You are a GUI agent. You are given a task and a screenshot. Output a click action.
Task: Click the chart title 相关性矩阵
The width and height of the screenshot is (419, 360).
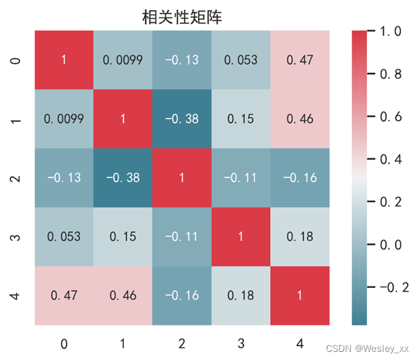click(182, 16)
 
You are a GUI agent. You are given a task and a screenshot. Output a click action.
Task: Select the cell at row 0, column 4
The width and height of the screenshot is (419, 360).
click(299, 60)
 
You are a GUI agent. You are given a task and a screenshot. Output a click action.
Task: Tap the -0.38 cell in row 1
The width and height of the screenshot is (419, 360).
click(181, 119)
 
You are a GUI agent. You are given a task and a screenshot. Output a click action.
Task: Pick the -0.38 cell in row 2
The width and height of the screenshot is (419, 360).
click(123, 178)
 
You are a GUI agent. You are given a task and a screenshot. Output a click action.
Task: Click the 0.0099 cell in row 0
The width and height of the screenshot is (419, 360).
click(123, 60)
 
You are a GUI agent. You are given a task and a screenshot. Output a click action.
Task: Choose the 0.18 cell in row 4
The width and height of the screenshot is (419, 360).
click(240, 296)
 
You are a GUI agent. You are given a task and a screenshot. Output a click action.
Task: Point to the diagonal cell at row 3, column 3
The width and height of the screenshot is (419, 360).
click(240, 237)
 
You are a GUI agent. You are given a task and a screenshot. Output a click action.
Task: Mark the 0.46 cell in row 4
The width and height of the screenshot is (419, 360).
click(123, 296)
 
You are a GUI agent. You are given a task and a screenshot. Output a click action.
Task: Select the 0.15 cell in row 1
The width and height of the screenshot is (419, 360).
click(240, 119)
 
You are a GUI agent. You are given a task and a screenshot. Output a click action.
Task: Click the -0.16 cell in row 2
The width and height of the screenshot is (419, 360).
click(299, 178)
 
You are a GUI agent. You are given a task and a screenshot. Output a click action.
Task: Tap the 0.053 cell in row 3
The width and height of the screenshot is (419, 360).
click(63, 237)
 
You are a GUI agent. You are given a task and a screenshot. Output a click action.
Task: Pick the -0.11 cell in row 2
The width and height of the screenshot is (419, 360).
click(240, 178)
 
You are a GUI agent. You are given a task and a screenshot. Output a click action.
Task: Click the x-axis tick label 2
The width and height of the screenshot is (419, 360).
click(181, 344)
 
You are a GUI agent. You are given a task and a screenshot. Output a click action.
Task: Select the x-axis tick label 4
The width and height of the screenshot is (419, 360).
click(299, 344)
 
